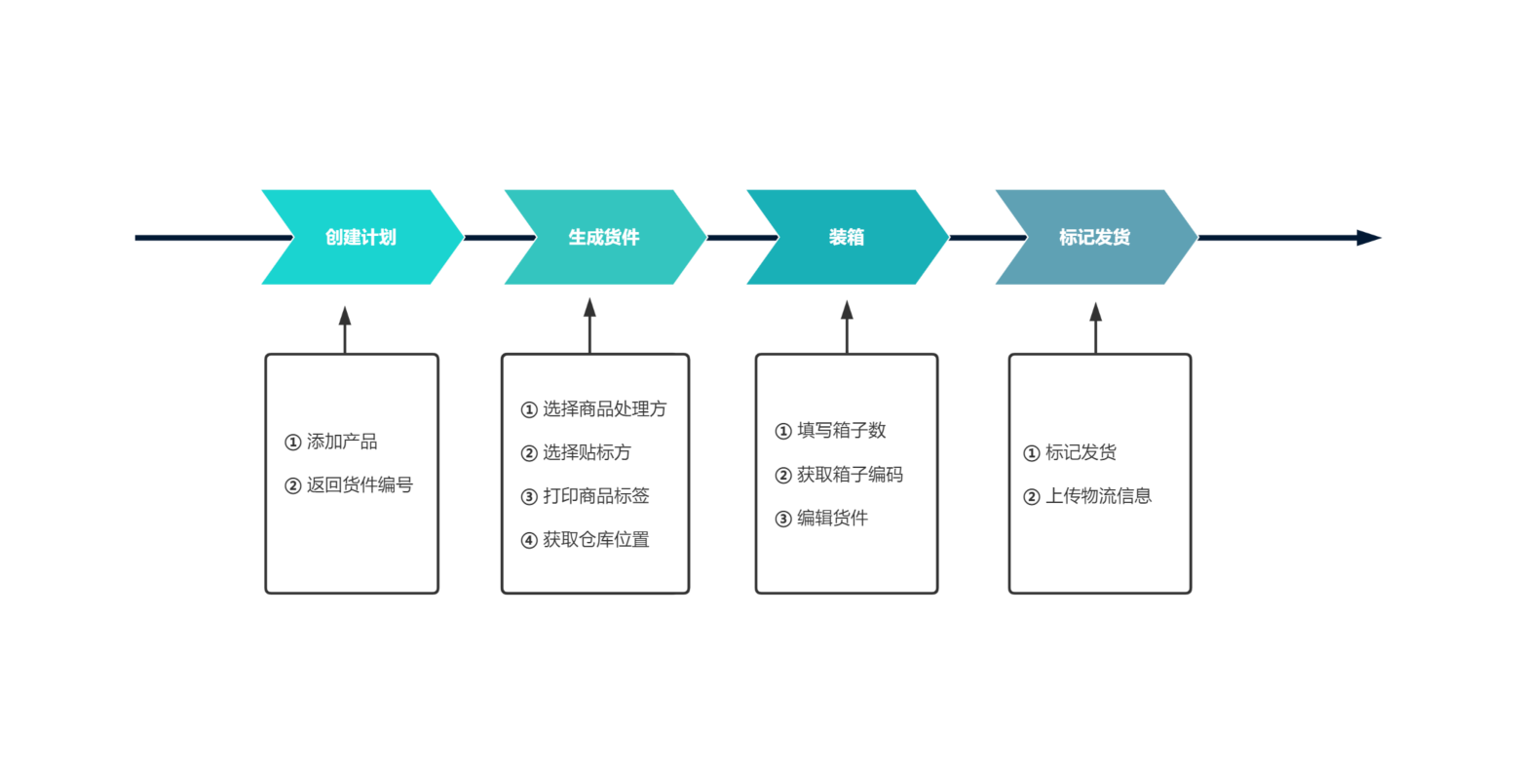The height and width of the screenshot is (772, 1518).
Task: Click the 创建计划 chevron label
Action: tap(361, 237)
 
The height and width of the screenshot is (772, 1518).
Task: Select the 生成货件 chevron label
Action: tap(603, 237)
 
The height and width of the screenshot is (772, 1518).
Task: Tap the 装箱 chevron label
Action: tap(847, 237)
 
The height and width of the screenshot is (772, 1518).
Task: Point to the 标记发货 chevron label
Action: tap(1094, 237)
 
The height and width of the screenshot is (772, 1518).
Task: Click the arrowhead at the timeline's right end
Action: tap(1369, 238)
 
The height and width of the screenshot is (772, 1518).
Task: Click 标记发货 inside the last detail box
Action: tap(1081, 452)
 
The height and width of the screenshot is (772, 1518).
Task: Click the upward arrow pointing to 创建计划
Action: tap(345, 330)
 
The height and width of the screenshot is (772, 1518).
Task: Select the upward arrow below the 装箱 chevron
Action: tap(847, 328)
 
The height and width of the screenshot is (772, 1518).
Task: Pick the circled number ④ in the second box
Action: tap(529, 540)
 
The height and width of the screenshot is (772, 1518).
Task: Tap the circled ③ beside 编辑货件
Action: tap(782, 520)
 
